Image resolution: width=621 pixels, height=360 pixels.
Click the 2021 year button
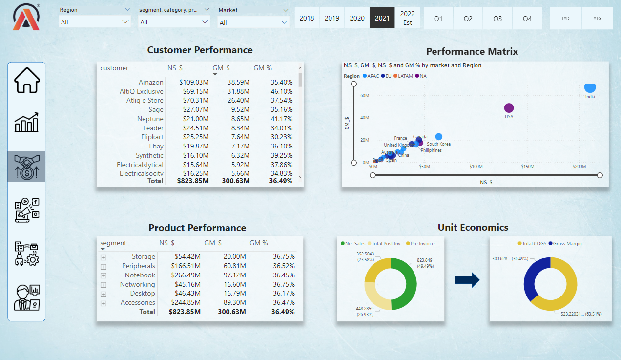pos(382,18)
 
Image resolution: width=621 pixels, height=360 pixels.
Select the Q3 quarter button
pos(497,18)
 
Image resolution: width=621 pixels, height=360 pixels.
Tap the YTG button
pos(597,18)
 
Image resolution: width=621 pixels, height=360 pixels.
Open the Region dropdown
pos(95,22)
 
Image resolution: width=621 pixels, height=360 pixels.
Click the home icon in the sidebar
pos(26,80)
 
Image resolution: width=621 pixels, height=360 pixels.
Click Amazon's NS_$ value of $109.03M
pos(194,82)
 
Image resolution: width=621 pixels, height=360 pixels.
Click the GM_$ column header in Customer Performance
pos(221,68)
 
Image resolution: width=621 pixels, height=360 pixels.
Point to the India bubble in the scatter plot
pos(590,87)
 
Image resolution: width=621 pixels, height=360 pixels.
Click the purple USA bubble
pos(509,108)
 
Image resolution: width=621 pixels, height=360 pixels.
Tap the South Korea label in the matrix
pos(438,144)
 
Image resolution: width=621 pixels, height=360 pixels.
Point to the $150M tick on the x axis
pos(527,167)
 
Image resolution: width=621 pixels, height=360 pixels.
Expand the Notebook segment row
pos(103,275)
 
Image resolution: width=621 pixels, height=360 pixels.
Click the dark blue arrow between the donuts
pos(467,280)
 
